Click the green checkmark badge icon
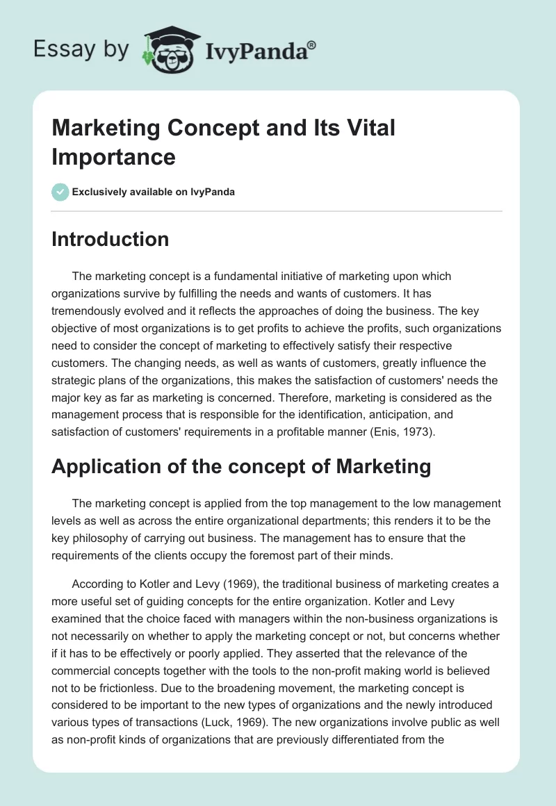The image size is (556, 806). click(x=60, y=192)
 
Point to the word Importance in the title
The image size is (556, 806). click(x=113, y=156)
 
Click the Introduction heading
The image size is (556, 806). click(x=111, y=239)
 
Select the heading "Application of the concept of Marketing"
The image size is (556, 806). click(x=241, y=467)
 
